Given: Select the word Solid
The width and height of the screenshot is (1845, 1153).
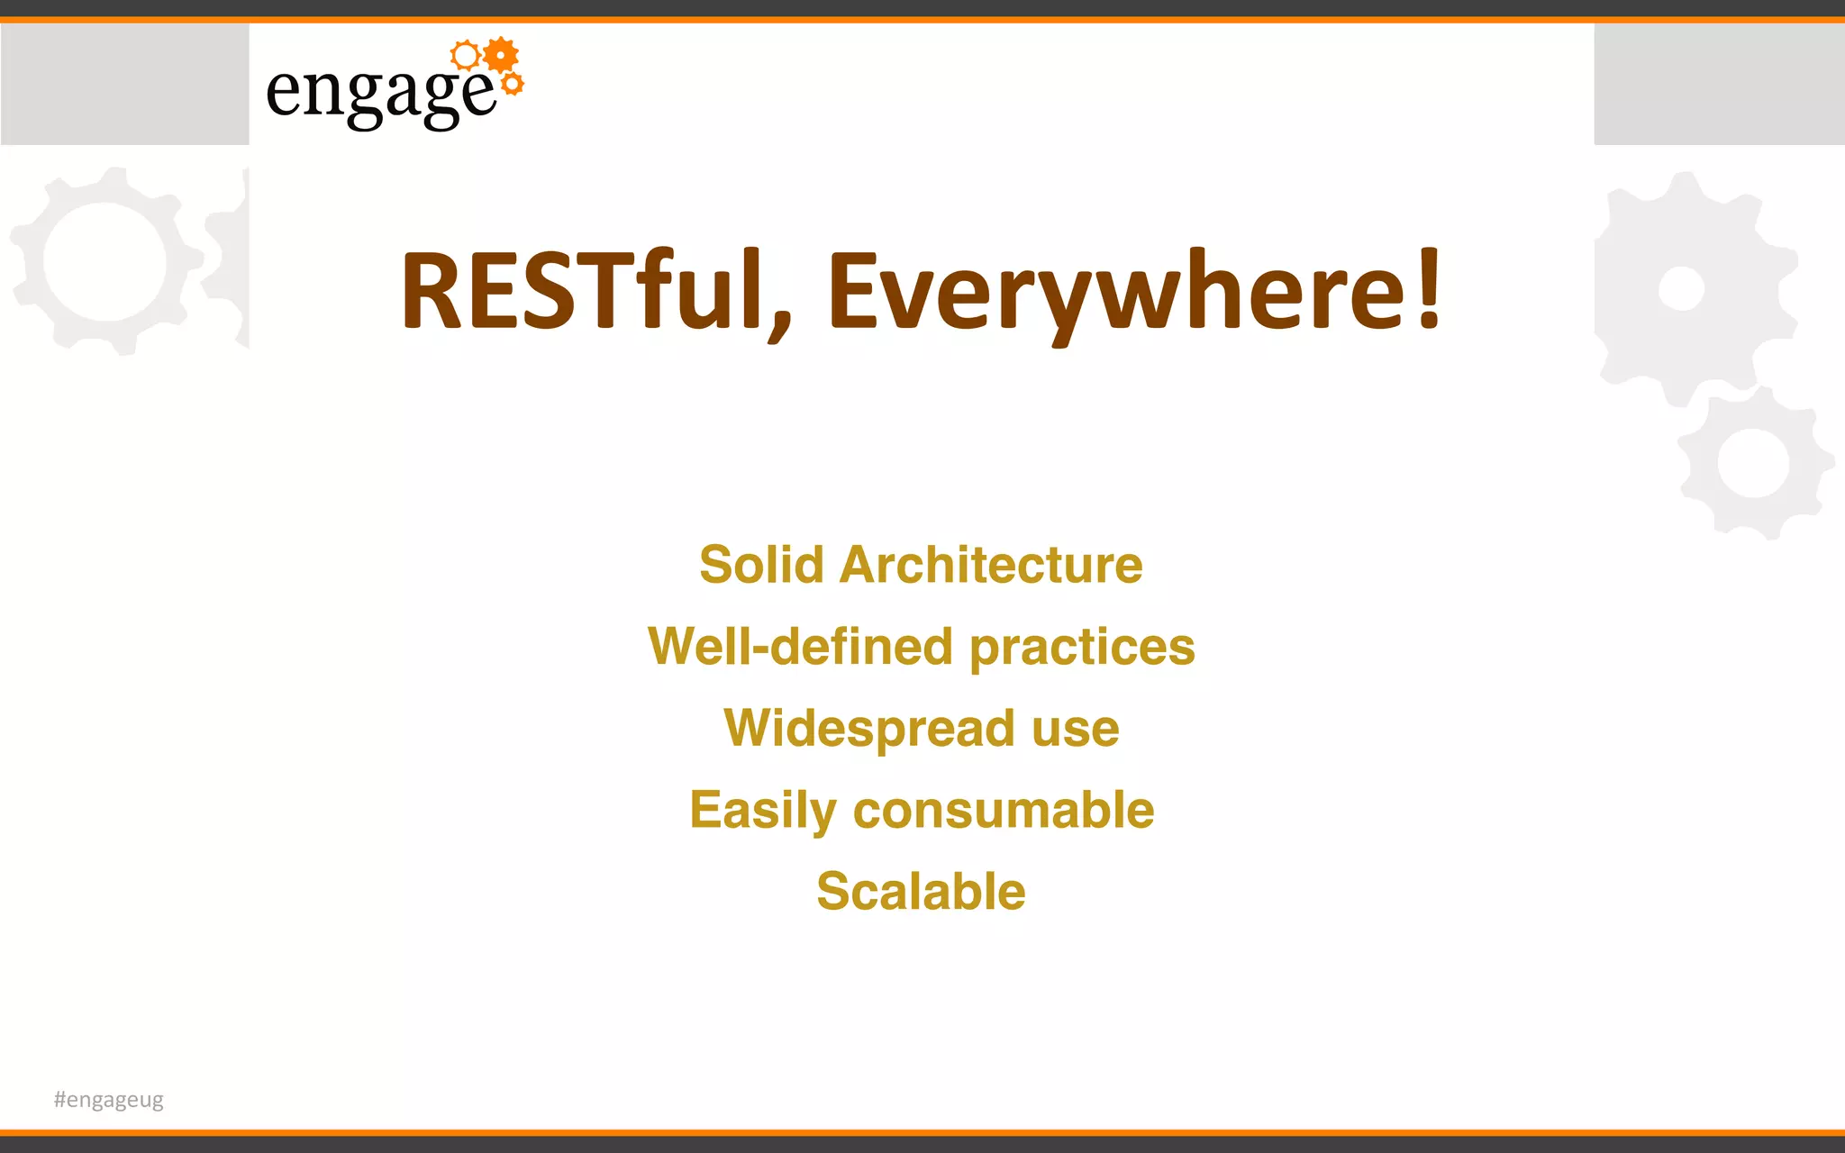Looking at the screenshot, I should (x=761, y=565).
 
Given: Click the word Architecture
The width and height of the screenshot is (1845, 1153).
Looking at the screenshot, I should (x=991, y=565).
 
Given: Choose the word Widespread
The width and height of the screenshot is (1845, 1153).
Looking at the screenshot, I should (x=868, y=728).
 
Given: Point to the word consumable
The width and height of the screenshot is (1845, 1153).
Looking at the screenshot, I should (x=1004, y=810).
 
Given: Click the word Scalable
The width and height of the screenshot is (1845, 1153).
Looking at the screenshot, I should (x=921, y=892).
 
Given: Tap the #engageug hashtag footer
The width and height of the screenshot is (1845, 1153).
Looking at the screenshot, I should (x=108, y=1100).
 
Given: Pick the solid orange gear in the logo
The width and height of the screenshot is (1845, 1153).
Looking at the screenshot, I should (x=501, y=56).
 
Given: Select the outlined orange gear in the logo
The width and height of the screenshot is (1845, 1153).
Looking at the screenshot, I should (x=466, y=56).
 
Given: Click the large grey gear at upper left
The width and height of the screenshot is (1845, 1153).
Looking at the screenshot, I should (x=105, y=261).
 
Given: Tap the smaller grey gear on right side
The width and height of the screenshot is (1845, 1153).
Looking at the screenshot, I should (x=1752, y=463).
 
